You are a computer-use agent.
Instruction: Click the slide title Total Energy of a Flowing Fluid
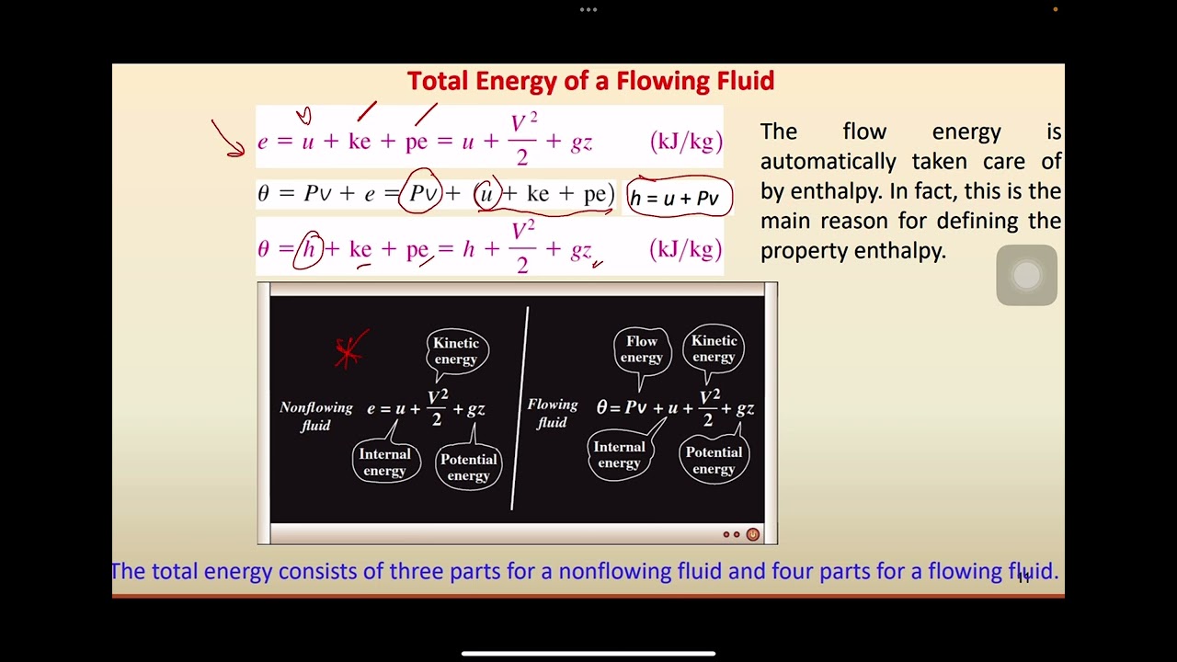coord(590,81)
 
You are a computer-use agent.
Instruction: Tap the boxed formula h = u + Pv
coord(679,198)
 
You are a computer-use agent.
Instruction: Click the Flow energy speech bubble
coord(641,349)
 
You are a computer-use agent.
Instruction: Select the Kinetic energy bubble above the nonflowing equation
coord(456,351)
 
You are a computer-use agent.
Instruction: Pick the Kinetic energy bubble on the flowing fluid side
coord(714,348)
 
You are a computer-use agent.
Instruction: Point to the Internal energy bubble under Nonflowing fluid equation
coord(384,462)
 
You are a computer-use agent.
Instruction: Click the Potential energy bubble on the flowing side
coord(714,460)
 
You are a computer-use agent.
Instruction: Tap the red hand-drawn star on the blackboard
coord(349,349)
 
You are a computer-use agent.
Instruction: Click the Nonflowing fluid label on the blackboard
coord(315,416)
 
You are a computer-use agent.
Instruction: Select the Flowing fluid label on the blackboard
coord(552,413)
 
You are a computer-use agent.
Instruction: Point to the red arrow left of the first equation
coord(227,139)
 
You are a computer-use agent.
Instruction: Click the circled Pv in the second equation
coord(421,193)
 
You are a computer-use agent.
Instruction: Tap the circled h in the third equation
coord(309,249)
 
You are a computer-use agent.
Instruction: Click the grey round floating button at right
coord(1026,275)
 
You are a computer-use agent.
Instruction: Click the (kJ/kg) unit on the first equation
coord(686,142)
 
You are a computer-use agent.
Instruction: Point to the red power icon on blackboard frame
coord(752,534)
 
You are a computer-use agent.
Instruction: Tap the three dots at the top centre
coord(588,10)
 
